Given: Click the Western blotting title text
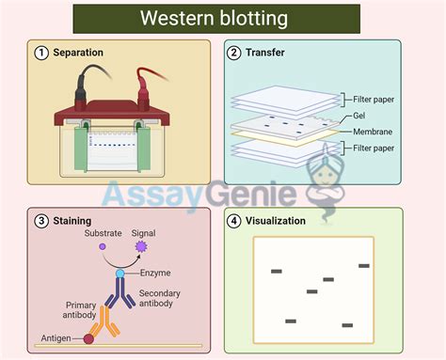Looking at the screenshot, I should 215,19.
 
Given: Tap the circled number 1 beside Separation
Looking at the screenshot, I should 40,53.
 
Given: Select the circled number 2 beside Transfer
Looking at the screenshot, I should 233,53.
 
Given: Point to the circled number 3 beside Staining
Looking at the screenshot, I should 40,222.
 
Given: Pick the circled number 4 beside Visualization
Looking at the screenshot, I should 233,222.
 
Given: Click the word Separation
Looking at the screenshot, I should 78,53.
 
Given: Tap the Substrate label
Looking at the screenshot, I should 103,232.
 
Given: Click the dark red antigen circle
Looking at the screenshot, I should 89,337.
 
